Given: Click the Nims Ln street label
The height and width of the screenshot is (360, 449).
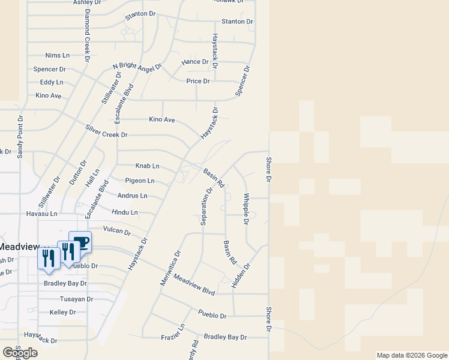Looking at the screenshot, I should (x=58, y=55).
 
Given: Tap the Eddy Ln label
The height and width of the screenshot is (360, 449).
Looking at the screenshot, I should (x=52, y=82).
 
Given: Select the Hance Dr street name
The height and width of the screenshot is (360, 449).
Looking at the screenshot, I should (x=195, y=62).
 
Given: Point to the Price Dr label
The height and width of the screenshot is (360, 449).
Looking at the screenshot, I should (x=198, y=81).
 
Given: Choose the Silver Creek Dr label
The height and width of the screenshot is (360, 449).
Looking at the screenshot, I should (x=106, y=131).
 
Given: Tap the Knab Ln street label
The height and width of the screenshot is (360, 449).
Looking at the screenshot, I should (x=147, y=166).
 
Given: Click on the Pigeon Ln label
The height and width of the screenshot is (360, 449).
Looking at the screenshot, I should (x=140, y=181).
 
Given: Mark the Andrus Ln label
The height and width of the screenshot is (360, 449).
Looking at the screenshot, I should (x=132, y=196).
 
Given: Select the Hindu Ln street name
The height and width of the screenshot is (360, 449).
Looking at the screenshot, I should (x=125, y=212).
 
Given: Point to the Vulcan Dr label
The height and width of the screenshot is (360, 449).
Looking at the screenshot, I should (x=116, y=230).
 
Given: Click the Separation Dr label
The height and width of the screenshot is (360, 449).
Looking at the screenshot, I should (x=206, y=207).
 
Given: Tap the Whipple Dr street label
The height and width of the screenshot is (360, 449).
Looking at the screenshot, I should (x=246, y=208).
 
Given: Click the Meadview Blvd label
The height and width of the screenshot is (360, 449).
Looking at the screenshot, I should (x=194, y=284).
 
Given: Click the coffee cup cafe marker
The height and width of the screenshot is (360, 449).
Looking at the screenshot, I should (x=80, y=241).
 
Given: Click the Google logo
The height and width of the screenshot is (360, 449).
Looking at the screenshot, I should (x=20, y=353).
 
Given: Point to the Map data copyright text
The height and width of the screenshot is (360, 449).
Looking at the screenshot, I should (x=411, y=355).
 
